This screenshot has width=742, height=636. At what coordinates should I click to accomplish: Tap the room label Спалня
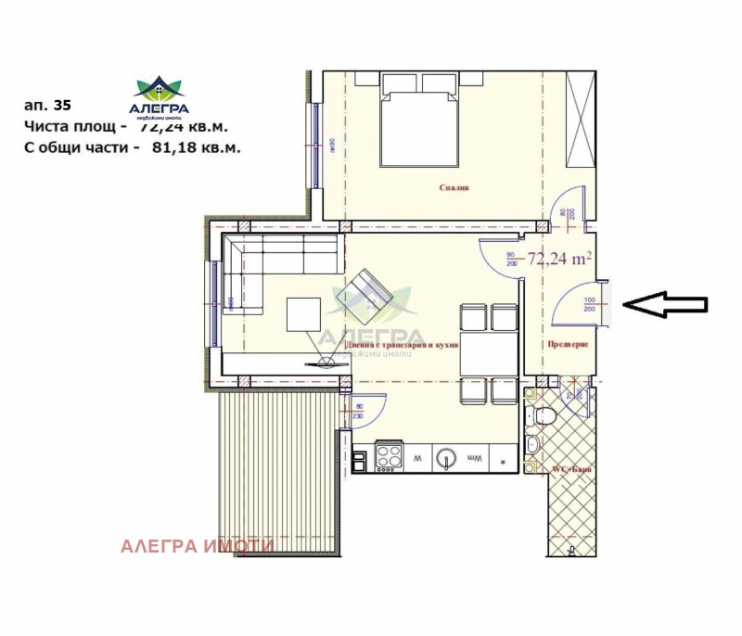pos(454,187)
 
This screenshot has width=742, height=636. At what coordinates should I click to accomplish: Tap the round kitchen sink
pos(448,457)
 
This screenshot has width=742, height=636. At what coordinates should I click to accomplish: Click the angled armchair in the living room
pos(364,297)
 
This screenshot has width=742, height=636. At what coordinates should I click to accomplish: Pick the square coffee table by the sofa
pos(304,313)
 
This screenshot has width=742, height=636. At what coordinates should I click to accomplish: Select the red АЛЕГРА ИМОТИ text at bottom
pos(197,546)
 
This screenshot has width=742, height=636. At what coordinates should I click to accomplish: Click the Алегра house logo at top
pos(160,89)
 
